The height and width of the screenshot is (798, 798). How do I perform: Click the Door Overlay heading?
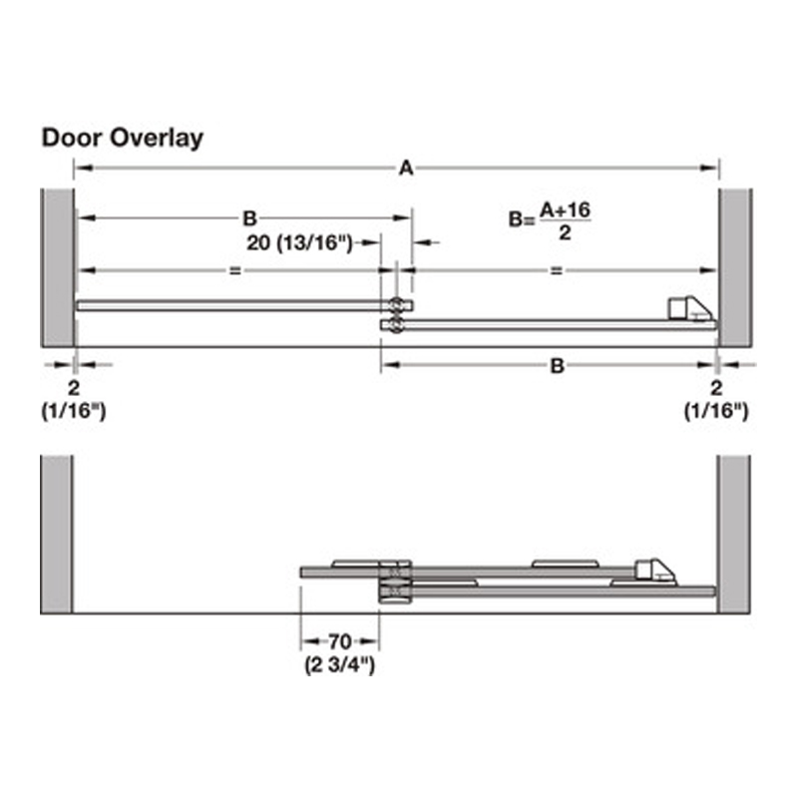pos(122,138)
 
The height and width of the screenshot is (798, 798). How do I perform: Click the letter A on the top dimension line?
pos(406,168)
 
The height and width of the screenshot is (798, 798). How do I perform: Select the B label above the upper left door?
pos(249,218)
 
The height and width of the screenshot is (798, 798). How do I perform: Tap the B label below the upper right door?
pos(558,365)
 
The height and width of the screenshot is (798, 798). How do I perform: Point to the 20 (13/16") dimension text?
pos(300,242)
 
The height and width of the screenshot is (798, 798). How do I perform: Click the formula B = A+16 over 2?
pos(551,220)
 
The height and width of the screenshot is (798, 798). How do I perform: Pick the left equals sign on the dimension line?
pos(235,270)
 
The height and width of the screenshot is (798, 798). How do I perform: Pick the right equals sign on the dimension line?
pos(557,270)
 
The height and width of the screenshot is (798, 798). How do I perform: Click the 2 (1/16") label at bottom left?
pos(74,400)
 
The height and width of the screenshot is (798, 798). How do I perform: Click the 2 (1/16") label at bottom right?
pos(716,400)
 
